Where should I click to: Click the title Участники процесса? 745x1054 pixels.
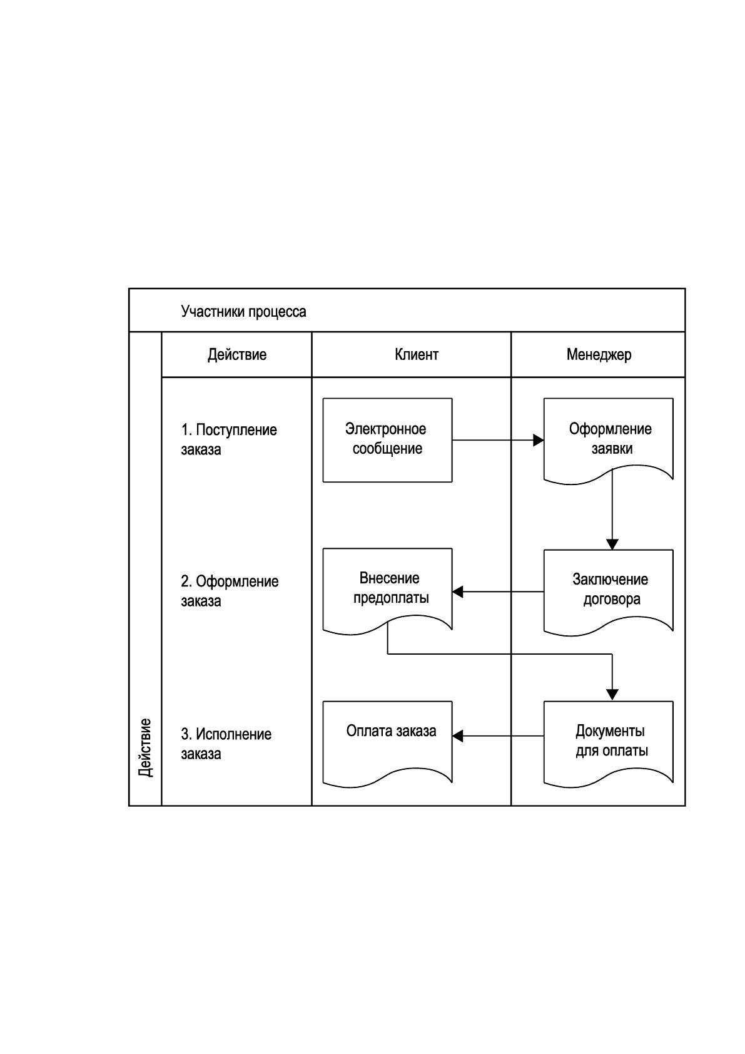click(243, 312)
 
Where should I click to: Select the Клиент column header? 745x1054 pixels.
click(416, 354)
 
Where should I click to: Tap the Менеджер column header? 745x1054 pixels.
click(599, 354)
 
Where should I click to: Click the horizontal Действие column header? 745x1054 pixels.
click(237, 354)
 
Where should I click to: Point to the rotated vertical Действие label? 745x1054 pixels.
click(145, 748)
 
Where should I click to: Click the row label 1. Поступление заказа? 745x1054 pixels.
click(229, 439)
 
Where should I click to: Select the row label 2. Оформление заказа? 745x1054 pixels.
click(230, 591)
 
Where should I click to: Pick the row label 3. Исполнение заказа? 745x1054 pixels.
click(226, 744)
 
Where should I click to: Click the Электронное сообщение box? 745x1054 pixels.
click(388, 440)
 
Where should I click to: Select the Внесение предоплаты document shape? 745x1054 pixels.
click(388, 591)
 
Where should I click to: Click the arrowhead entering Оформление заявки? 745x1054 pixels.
click(539, 441)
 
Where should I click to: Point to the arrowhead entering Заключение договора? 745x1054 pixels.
click(612, 545)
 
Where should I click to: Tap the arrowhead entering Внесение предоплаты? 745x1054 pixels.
click(458, 592)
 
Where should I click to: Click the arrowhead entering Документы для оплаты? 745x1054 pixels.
click(612, 695)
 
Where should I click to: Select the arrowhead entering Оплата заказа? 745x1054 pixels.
click(458, 736)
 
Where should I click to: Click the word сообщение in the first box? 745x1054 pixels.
click(388, 449)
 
